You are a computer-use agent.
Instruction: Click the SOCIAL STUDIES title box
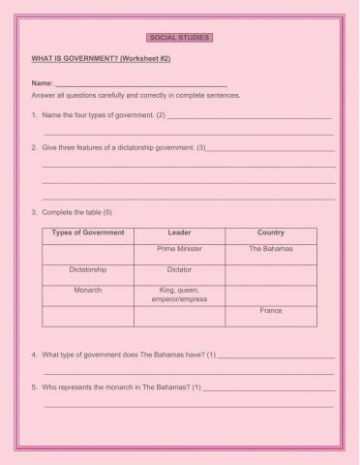coord(179,39)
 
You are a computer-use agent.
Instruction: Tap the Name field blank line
coord(140,85)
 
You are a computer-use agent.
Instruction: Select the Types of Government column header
coord(87,232)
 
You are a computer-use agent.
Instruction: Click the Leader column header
coord(179,232)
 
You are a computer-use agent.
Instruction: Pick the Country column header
coord(271,232)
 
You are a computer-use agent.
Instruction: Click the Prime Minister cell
coord(179,249)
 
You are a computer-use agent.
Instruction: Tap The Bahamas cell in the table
coord(271,249)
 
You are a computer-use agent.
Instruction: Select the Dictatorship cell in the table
coord(87,269)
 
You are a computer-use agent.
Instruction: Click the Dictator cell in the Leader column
coord(179,269)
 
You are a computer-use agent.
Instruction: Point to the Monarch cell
coord(87,290)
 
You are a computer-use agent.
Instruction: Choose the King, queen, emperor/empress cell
coord(179,294)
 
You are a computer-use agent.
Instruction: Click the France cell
coord(271,311)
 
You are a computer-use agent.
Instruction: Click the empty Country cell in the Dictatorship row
coord(271,272)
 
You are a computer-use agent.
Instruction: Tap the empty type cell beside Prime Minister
coord(87,252)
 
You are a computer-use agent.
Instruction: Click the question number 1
coord(34,115)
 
